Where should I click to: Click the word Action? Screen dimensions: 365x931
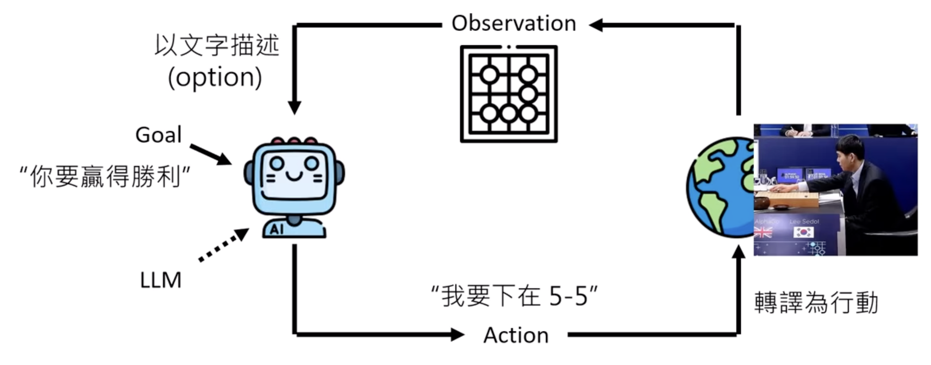click(516, 335)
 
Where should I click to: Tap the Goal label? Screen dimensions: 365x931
click(158, 135)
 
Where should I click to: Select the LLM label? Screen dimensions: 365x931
click(161, 280)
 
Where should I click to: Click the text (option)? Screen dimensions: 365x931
click(215, 77)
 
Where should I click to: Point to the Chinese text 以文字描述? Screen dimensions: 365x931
click(217, 46)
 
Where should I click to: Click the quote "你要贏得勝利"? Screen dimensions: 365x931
click(105, 177)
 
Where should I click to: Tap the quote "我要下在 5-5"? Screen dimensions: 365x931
click(514, 296)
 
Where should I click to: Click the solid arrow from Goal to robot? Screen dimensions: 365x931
click(211, 154)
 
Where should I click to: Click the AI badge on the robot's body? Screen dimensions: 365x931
click(276, 229)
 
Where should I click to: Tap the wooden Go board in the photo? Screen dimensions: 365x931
click(788, 199)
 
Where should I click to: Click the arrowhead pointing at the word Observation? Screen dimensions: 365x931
click(596, 25)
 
